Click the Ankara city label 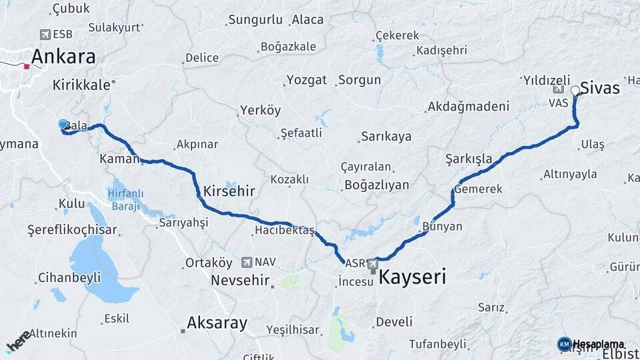point(63,57)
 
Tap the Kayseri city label point(412,277)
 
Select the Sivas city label point(600,88)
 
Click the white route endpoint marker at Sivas point(575,90)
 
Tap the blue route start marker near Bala point(63,125)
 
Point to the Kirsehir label point(229,191)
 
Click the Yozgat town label point(307,80)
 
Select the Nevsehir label point(239,280)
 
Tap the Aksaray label point(217,323)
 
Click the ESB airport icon point(45,34)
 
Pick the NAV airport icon point(248,262)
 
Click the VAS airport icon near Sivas point(558,89)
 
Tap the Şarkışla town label point(468,159)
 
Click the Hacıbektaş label point(284,231)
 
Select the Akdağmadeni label point(468,107)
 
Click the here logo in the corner point(19,341)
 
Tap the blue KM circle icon point(564,344)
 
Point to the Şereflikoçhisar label point(72,230)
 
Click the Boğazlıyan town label point(377,185)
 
